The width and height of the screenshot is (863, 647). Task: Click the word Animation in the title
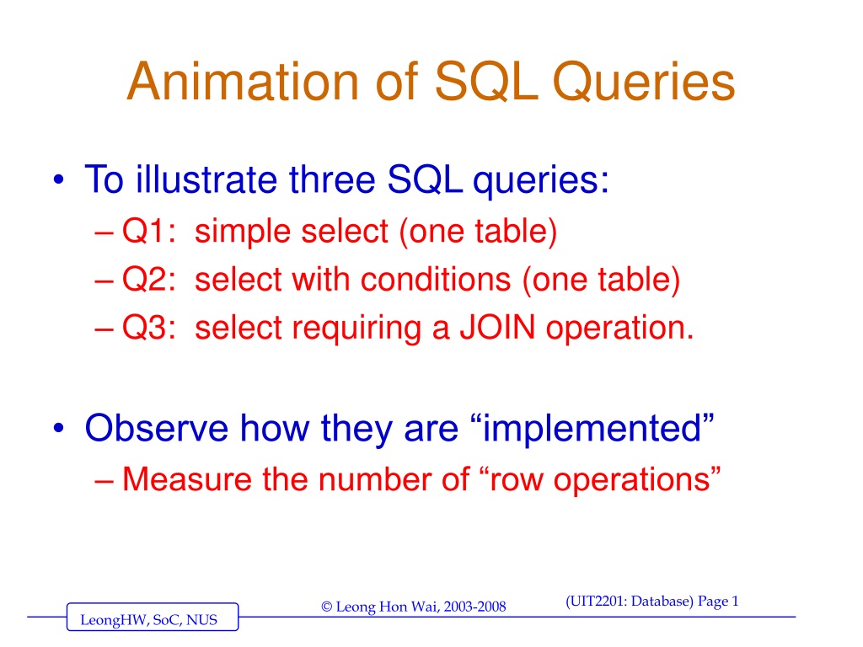click(245, 82)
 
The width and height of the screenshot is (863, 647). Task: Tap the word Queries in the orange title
click(643, 83)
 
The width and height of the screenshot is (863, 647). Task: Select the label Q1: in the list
click(148, 231)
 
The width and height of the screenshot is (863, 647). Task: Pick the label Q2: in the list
click(148, 279)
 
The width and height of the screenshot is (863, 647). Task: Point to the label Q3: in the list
click(148, 328)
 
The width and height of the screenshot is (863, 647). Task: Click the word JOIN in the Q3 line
click(497, 328)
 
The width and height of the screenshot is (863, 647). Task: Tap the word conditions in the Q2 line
click(436, 279)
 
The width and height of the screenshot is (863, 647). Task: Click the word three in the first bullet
click(332, 179)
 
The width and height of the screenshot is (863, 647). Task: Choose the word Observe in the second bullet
click(156, 428)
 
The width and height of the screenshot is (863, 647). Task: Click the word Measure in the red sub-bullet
click(186, 479)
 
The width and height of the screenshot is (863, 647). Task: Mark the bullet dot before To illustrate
click(59, 180)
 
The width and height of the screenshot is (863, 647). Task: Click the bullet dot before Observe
click(59, 428)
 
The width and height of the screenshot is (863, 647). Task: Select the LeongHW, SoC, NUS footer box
click(153, 617)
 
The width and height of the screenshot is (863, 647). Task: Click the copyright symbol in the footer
click(327, 607)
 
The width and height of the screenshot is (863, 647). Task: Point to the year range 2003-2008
click(474, 607)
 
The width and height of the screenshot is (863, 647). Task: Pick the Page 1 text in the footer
click(718, 602)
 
